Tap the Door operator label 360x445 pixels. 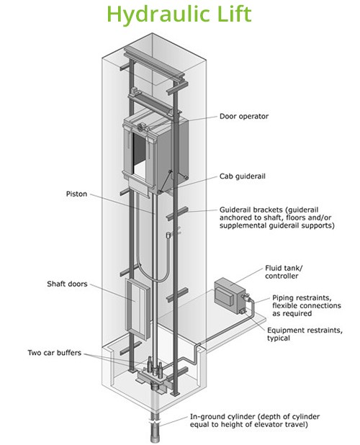point(244,117)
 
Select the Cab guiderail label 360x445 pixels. point(242,176)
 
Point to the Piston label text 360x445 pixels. point(76,194)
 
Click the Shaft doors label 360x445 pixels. point(67,284)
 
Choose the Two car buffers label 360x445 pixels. point(55,353)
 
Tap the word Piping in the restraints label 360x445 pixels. point(282,299)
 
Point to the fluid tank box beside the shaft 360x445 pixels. point(230,295)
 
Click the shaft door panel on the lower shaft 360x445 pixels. point(138,309)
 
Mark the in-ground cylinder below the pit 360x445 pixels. point(155,426)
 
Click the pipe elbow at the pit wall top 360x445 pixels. point(197,346)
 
